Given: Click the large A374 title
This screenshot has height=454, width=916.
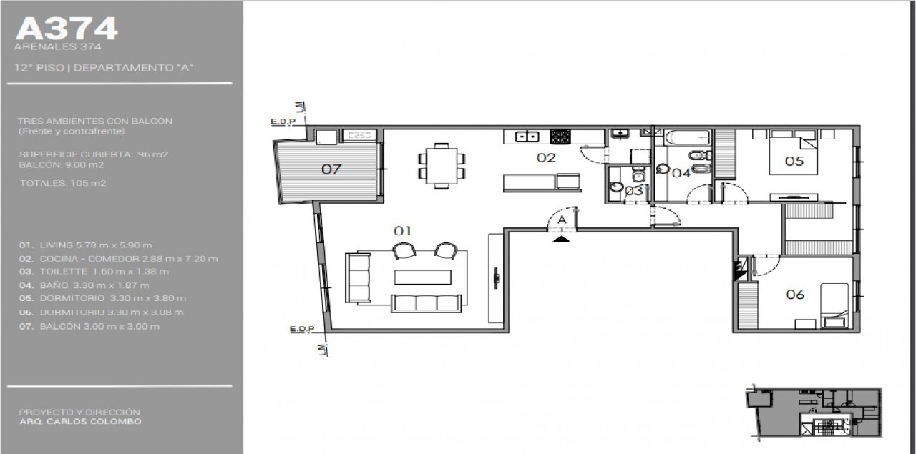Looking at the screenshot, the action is coord(67,29).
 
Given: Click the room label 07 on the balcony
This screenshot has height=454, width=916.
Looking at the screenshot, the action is coord(331,169).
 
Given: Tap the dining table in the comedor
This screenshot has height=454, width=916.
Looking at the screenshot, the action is coord(442,166).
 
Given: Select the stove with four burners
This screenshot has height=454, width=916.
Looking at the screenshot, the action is coord(560,137).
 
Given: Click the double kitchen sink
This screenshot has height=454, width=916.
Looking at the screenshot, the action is coord(527,137).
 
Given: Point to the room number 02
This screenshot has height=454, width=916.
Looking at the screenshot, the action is coord(546,158).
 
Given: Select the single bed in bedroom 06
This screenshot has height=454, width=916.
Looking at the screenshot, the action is coord(834,305).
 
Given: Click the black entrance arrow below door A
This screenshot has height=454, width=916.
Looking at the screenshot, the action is coord(562,239).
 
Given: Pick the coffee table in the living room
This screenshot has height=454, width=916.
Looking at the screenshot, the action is coord(422,277).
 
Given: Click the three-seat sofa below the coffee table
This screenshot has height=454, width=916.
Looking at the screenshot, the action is coord(427,303).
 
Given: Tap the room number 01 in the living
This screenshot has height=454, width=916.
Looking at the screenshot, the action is coord(402,231).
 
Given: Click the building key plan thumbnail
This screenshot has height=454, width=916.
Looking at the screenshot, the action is coord(814,413).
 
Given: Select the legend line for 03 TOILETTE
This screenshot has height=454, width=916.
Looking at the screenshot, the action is coord(94,272).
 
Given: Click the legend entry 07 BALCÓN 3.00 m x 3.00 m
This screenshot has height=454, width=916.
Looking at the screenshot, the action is coord(89,327).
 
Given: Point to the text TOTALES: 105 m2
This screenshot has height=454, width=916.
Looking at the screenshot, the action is coord(63,183).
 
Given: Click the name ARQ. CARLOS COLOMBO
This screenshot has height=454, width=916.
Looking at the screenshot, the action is coord(81,421).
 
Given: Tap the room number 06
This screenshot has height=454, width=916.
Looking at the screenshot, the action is coord(795,295).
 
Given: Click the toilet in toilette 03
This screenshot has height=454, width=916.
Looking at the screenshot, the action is coord(638,175).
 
